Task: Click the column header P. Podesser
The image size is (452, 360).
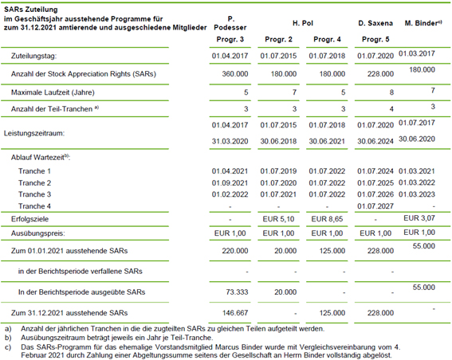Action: tap(230, 23)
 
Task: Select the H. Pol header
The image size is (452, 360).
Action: tap(303, 23)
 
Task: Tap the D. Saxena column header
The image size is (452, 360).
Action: tap(375, 23)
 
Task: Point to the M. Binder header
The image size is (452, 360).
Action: tap(423, 23)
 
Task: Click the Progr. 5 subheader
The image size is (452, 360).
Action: tap(375, 40)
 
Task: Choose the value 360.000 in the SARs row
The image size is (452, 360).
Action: tap(235, 74)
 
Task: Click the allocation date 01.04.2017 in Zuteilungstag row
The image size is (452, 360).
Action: tap(230, 56)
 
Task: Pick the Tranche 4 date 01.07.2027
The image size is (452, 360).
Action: tap(375, 206)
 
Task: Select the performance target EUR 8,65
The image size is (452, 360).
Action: tap(327, 219)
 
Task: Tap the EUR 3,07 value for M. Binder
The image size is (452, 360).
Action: tap(419, 218)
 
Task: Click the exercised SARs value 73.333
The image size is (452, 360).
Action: tap(237, 292)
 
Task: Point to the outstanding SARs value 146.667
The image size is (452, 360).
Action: tap(235, 313)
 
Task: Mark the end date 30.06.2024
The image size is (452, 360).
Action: tap(375, 142)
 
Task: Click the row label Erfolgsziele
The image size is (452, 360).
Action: tap(29, 219)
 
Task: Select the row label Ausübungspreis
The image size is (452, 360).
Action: tap(38, 233)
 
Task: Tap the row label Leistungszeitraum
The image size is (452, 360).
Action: tap(34, 133)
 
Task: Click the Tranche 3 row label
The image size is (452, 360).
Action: tap(34, 194)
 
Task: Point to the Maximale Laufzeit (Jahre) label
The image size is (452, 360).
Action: tap(53, 92)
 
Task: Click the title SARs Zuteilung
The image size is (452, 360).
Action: tap(31, 10)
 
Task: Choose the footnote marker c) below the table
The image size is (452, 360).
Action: tap(8, 347)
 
